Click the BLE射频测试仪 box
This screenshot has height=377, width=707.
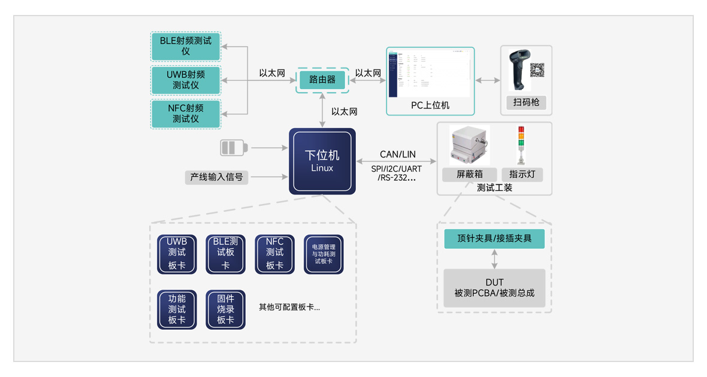click(x=186, y=46)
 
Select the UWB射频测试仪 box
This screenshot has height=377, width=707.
click(x=186, y=80)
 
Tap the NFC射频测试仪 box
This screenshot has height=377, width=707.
click(x=186, y=114)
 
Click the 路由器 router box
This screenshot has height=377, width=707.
click(x=322, y=80)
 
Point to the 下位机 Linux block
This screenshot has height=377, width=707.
click(x=322, y=161)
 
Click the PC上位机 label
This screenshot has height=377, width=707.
click(x=430, y=105)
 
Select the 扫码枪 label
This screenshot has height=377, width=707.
click(x=526, y=102)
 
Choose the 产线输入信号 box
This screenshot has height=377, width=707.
click(x=216, y=177)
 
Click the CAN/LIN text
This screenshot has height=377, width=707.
click(x=397, y=155)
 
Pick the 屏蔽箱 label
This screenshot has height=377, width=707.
click(x=469, y=174)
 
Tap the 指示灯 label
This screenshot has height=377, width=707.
click(x=521, y=174)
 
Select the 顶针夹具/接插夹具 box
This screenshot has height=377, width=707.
click(x=494, y=238)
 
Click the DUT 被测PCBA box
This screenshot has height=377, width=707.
click(x=494, y=288)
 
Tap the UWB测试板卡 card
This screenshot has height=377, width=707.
click(x=177, y=254)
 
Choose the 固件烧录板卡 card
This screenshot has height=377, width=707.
click(x=225, y=309)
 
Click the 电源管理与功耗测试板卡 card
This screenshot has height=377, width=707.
click(x=324, y=254)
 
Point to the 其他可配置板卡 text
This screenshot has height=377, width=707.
click(x=289, y=307)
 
